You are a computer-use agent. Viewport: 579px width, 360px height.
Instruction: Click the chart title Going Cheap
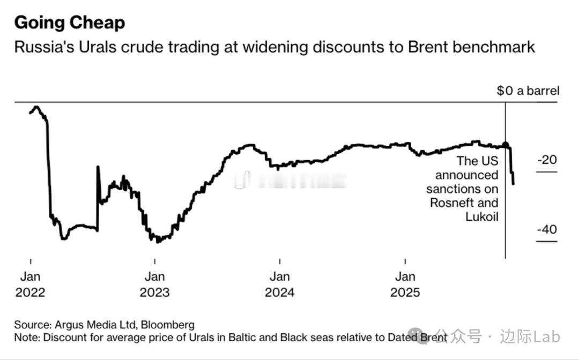point(69,22)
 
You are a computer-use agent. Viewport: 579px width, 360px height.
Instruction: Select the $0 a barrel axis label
point(528,91)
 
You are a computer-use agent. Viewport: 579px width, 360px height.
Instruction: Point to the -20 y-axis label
point(546,160)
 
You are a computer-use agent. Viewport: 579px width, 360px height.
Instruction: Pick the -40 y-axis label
point(546,229)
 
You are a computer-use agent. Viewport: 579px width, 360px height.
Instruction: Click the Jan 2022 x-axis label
point(30,284)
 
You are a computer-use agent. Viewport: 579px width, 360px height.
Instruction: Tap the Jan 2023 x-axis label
point(154,284)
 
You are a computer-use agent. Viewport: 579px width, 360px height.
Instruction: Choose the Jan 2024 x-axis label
point(279,284)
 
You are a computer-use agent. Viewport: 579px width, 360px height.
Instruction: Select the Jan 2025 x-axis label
point(405,284)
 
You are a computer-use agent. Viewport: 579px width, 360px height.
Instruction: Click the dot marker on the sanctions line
point(506,145)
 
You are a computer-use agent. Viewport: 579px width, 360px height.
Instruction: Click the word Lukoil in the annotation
point(482,216)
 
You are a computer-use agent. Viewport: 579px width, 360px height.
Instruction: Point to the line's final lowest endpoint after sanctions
point(514,184)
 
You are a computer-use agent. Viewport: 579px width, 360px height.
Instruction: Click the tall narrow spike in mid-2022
point(98,167)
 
